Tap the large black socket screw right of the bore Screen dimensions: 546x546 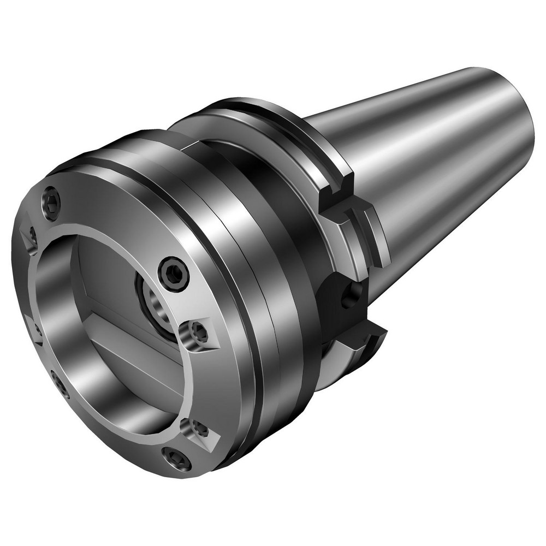pyautogui.click(x=174, y=274)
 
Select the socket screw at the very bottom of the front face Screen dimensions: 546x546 pyautogui.click(x=177, y=459)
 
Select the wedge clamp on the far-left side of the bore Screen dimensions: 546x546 pyautogui.click(x=34, y=330)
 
